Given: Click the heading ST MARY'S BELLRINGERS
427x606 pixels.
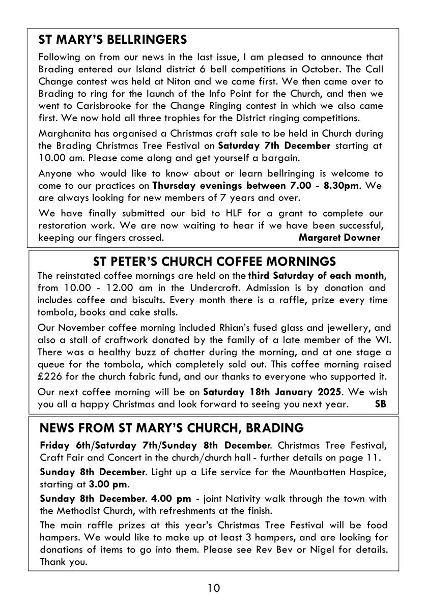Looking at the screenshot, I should click(113, 40).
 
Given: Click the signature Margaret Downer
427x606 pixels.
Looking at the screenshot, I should click(339, 238).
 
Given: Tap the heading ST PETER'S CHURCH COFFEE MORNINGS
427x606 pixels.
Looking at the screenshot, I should click(214, 262).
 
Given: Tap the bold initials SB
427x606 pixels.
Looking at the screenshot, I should click(380, 405).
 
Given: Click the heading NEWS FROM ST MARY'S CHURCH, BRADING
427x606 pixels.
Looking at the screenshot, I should click(171, 427).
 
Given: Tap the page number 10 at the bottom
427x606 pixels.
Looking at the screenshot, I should click(214, 589).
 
